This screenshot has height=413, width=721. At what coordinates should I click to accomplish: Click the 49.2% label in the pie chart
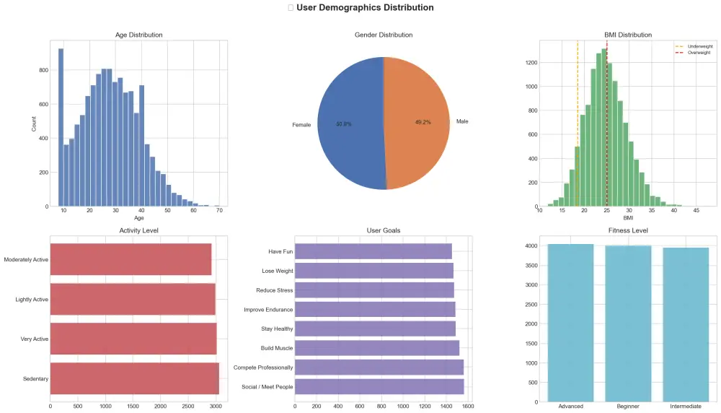click(x=423, y=123)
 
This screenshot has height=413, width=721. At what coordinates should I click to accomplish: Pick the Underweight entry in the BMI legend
click(x=699, y=45)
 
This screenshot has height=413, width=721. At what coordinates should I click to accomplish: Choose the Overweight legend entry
click(x=699, y=53)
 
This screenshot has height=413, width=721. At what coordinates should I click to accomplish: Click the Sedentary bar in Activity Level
click(x=134, y=378)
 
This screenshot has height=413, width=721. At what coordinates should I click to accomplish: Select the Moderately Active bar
click(x=131, y=259)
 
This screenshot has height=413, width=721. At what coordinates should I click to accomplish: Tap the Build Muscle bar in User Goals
click(x=376, y=348)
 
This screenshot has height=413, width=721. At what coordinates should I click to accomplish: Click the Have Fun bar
click(x=373, y=251)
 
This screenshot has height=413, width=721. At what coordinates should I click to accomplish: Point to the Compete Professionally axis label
click(x=263, y=368)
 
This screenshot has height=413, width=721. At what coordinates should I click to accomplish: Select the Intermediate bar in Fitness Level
click(x=685, y=324)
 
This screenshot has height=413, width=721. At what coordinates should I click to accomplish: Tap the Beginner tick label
click(x=628, y=407)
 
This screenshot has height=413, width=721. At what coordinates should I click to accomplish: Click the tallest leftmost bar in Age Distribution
click(x=61, y=127)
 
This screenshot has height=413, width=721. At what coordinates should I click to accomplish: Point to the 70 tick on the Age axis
click(x=218, y=212)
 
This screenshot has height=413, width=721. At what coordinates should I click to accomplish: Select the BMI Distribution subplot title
click(x=627, y=35)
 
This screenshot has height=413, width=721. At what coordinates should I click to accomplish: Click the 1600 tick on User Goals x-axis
click(x=467, y=407)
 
